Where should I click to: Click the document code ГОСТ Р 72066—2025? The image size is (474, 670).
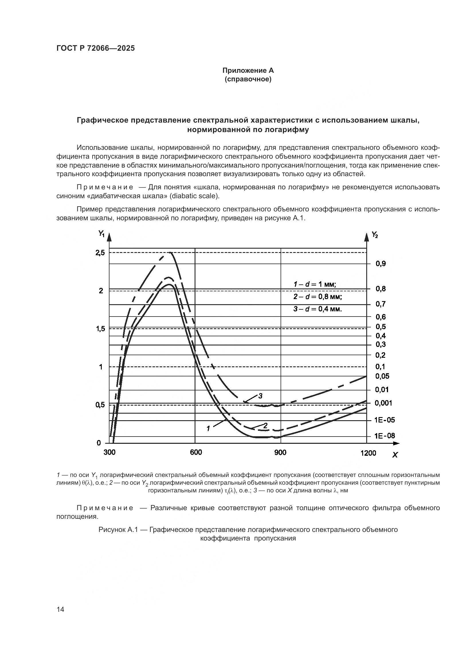point(95,48)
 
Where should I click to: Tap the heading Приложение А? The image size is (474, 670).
point(248,70)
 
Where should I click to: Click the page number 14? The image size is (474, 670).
point(60,609)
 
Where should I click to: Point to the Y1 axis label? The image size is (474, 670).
point(101,233)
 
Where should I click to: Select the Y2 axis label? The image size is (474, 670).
point(375,234)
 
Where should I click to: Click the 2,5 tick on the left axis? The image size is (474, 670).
point(100,253)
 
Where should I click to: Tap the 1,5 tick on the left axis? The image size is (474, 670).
point(100,329)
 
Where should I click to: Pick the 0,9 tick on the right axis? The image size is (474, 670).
point(381,264)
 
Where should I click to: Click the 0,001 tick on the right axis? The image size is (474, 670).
point(383,403)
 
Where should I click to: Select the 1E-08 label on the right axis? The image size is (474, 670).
point(385,436)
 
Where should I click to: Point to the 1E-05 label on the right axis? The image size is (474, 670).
point(385,420)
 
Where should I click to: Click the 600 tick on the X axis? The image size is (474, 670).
point(195,452)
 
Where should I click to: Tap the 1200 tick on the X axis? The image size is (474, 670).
point(368,453)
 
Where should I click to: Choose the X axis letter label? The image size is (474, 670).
point(395,455)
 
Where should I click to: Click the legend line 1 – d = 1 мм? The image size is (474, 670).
point(315,284)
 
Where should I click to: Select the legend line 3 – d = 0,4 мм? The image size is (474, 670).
point(317,309)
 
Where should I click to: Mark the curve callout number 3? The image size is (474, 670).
point(260,396)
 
